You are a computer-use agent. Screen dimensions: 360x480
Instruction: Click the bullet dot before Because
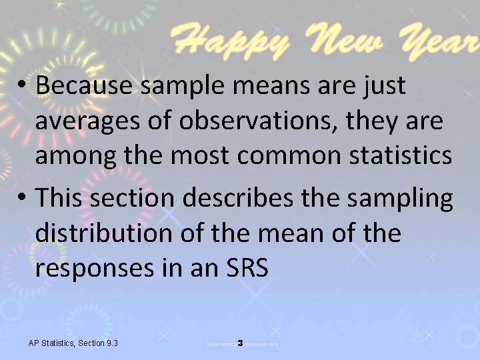pyautogui.click(x=23, y=86)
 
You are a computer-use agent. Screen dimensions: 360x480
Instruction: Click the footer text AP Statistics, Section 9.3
pyautogui.click(x=73, y=343)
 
